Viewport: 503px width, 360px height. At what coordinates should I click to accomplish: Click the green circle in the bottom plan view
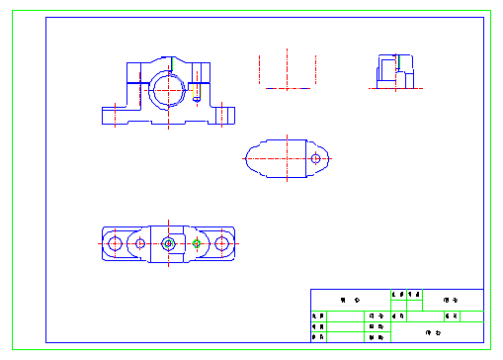(x=197, y=243)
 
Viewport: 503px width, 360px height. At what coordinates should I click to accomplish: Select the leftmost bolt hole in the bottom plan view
(x=115, y=243)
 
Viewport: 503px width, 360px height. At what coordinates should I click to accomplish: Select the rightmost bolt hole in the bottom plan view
(x=223, y=243)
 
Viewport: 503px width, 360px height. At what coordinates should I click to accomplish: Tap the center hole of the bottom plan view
(x=169, y=242)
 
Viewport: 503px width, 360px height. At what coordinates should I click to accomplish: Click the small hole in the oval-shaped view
(x=315, y=158)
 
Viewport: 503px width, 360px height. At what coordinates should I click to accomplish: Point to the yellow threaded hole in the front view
(x=198, y=97)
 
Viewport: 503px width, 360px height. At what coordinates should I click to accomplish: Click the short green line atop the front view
(x=171, y=64)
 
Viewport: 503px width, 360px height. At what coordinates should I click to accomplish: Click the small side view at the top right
(x=392, y=71)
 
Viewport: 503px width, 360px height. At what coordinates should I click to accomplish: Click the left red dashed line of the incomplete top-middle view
(x=259, y=69)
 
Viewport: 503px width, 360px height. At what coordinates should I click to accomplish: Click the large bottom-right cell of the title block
(x=436, y=333)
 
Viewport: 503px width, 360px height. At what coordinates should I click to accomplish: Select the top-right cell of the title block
(x=454, y=299)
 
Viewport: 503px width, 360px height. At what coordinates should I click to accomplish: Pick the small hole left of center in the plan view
(x=141, y=243)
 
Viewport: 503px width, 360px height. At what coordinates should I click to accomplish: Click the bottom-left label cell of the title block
(x=317, y=337)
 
